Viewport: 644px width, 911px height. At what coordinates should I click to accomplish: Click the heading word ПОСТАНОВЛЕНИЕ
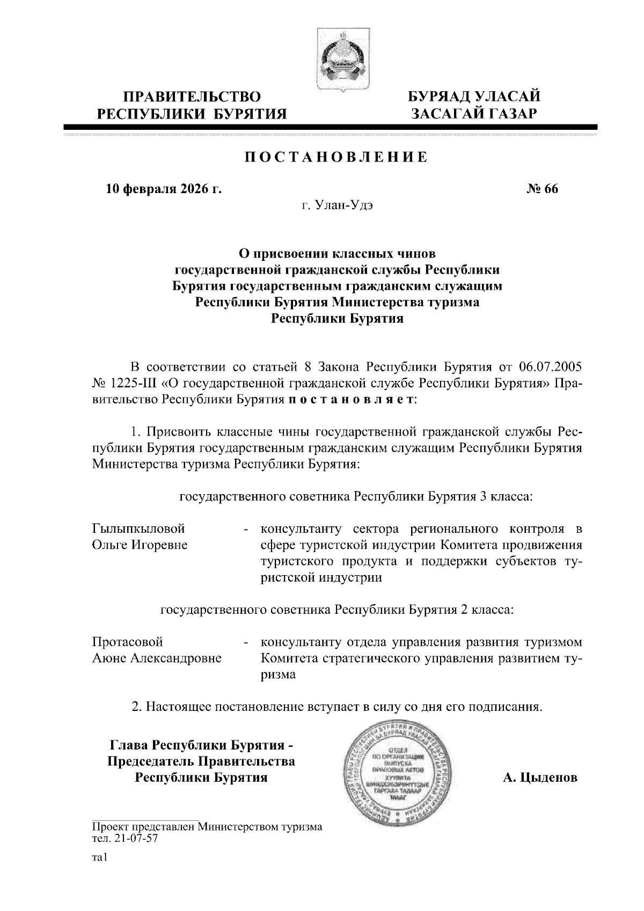(x=336, y=157)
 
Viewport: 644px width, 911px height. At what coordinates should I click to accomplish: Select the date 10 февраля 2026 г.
(x=163, y=189)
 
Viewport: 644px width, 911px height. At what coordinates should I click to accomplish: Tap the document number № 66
(x=543, y=189)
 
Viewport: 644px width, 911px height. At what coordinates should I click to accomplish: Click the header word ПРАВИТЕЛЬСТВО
(x=192, y=97)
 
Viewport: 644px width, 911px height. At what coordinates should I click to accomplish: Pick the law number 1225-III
(x=131, y=384)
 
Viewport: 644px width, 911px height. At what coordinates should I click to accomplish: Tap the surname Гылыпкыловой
(x=138, y=529)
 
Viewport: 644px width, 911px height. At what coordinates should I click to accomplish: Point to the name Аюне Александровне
(x=157, y=659)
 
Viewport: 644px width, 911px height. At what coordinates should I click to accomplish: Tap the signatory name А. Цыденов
(x=540, y=777)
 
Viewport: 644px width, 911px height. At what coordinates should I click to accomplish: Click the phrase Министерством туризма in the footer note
(x=261, y=827)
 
